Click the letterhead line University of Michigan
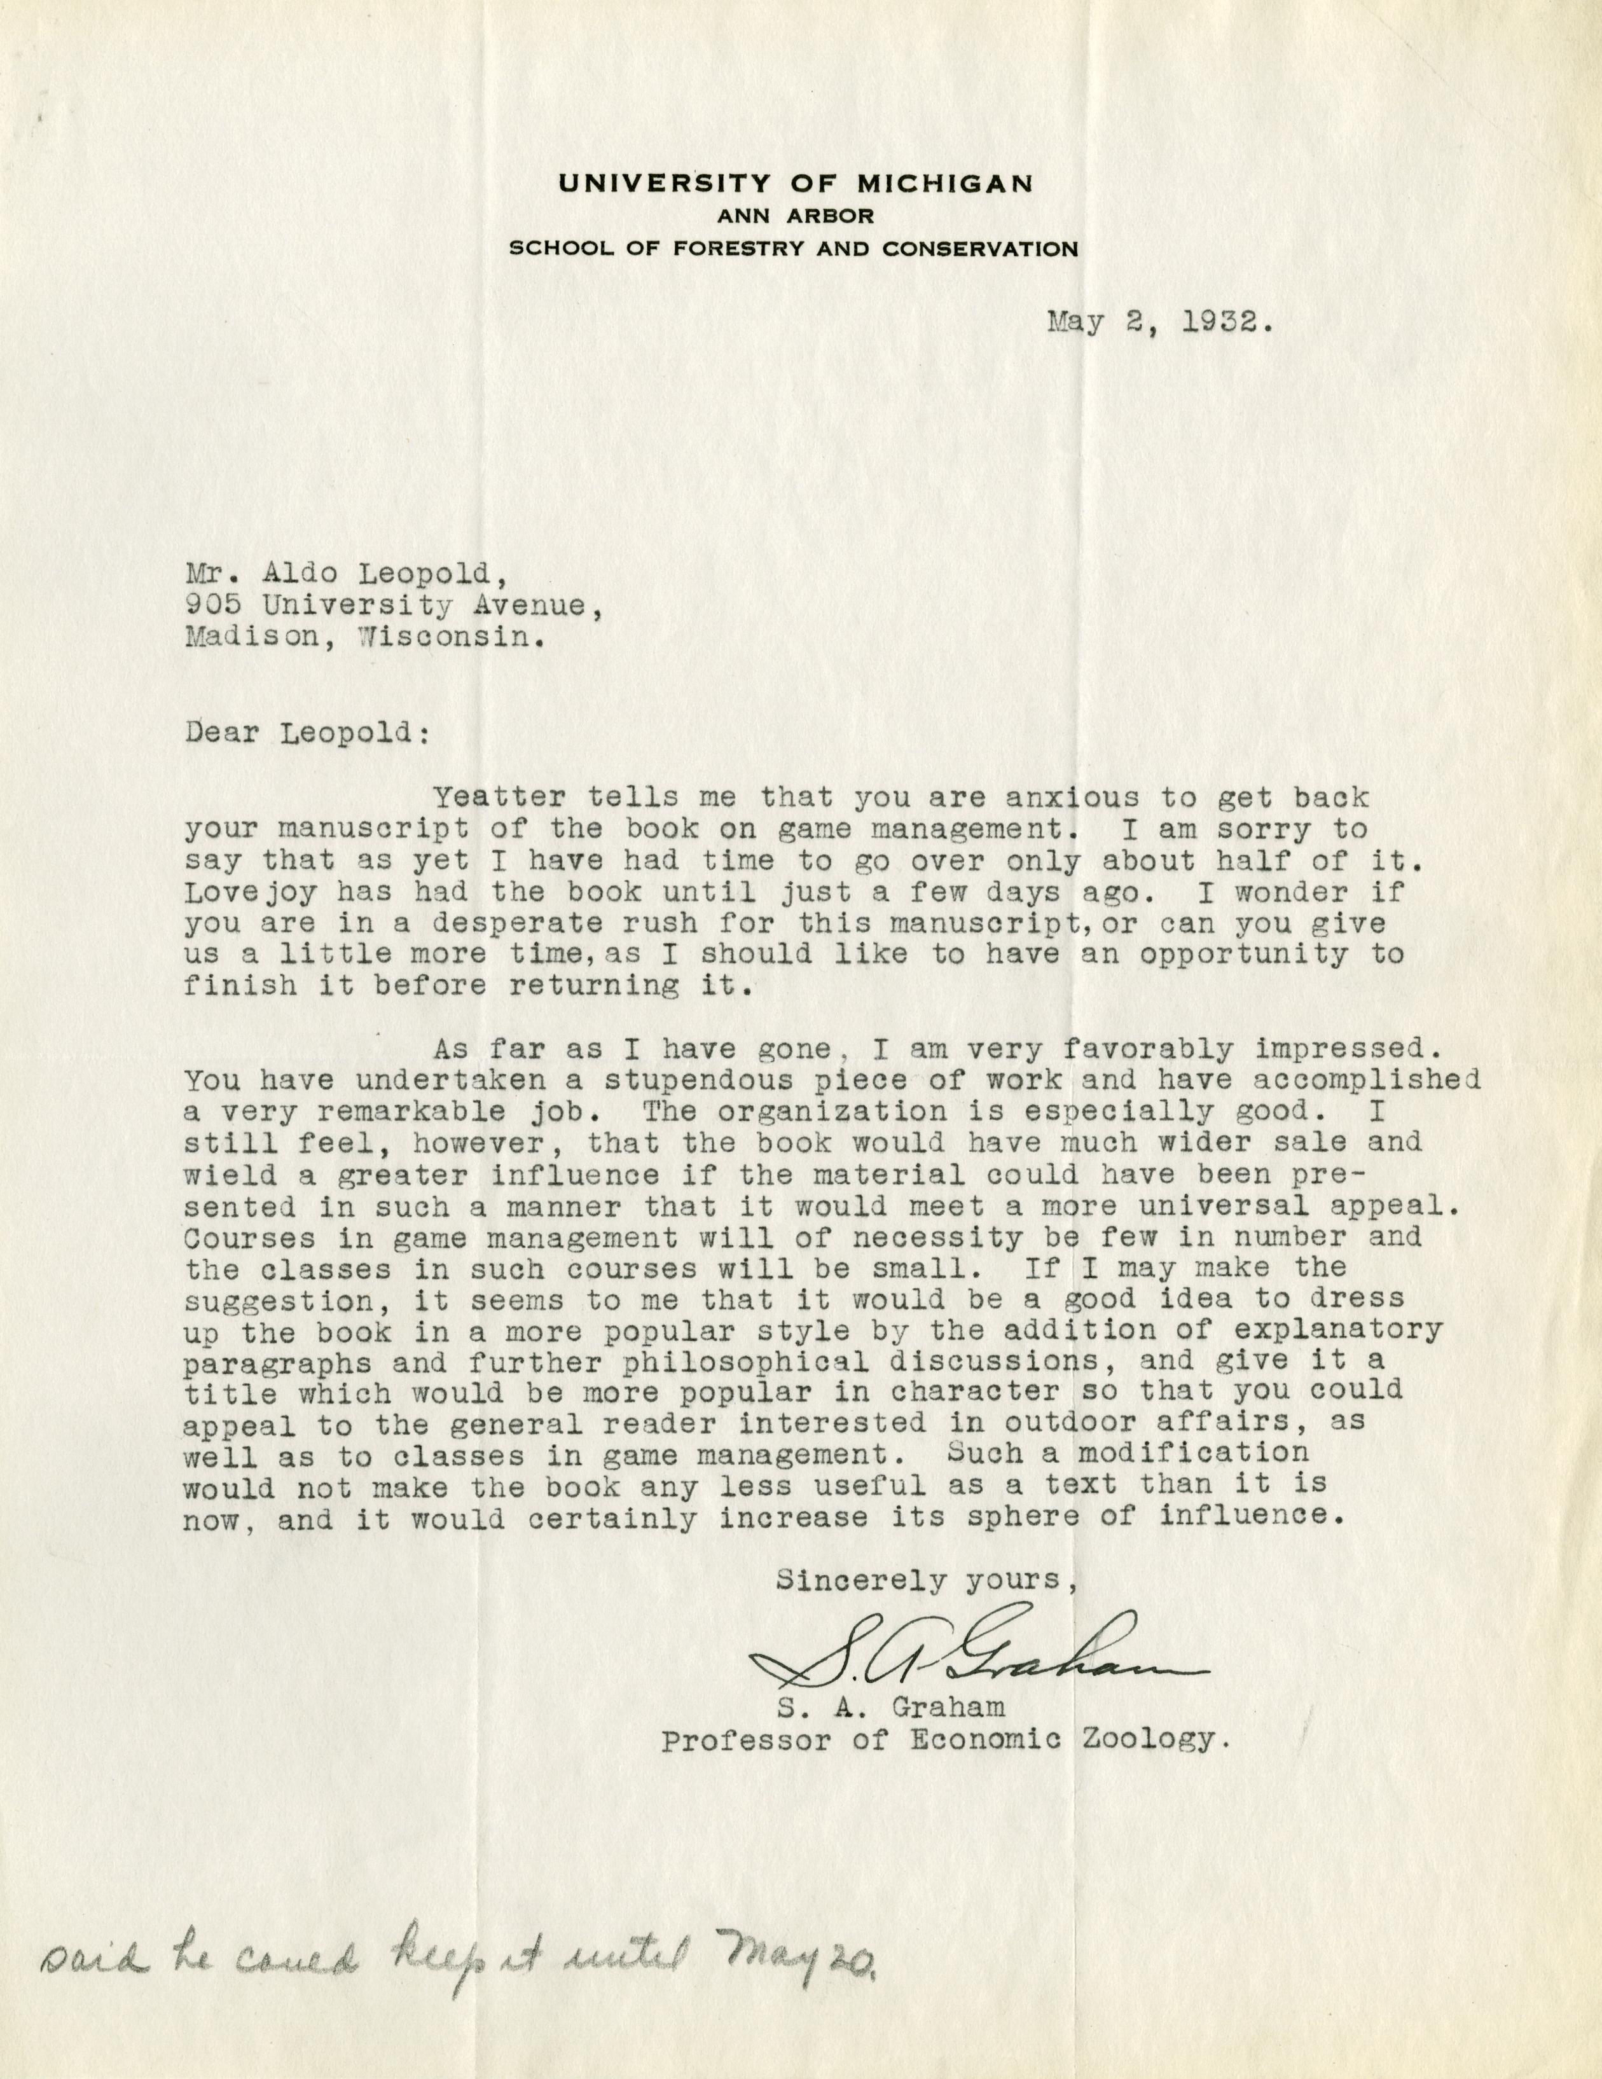[795, 183]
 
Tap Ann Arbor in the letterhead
[795, 216]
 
